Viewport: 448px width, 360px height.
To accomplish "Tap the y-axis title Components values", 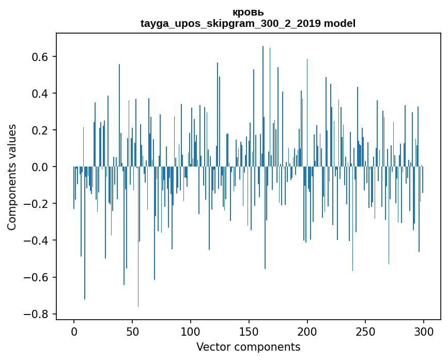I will [x=12, y=177].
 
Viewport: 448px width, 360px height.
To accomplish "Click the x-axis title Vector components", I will [x=248, y=347].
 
